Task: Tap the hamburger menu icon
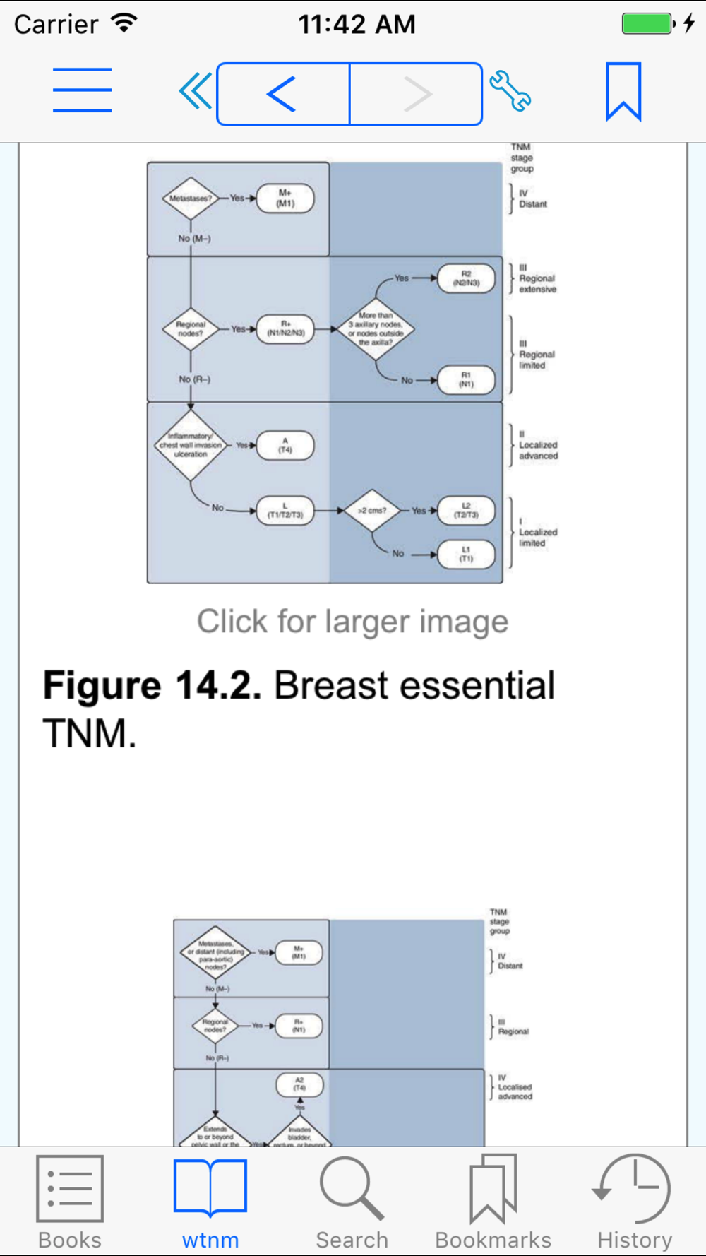click(82, 90)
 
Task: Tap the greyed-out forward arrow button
click(417, 94)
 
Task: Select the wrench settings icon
click(510, 91)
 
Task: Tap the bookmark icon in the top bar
click(623, 91)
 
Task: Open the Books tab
click(70, 1202)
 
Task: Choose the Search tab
click(352, 1202)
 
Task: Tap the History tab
click(634, 1202)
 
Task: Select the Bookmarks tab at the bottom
click(493, 1202)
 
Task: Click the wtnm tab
click(210, 1202)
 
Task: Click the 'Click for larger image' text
click(352, 622)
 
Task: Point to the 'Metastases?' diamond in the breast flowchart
click(190, 199)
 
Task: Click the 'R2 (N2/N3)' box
click(466, 278)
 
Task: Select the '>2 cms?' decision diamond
click(372, 510)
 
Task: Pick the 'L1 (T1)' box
click(466, 554)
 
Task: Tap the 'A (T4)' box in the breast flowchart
click(285, 446)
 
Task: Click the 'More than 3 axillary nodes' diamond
click(376, 328)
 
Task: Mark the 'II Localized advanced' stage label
click(537, 446)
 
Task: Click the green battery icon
click(647, 23)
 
